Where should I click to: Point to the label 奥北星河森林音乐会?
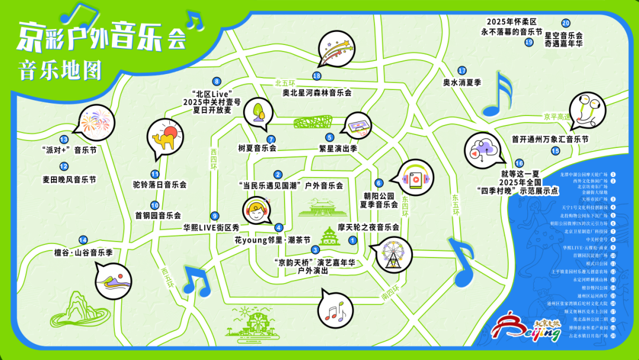pos(317,92)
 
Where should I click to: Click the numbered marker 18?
pos(317,76)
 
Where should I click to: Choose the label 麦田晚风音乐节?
pos(69,179)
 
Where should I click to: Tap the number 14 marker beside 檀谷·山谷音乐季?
pos(83,240)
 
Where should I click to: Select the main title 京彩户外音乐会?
pos(101,37)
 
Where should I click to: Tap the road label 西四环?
pos(214,155)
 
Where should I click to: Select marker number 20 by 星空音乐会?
pos(566,23)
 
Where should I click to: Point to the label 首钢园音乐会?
pos(157,216)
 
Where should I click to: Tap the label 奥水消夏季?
pos(463,82)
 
